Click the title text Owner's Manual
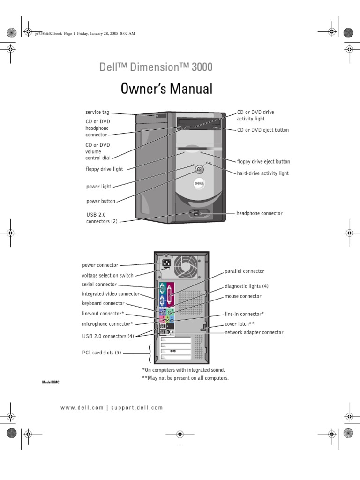click(166, 89)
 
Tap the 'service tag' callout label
click(97, 112)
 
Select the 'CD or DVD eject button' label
click(262, 130)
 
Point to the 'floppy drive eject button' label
click(263, 162)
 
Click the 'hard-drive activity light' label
click(263, 173)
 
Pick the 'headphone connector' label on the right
click(259, 213)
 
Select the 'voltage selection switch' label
click(107, 276)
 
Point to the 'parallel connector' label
click(244, 271)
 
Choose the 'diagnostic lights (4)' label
click(247, 286)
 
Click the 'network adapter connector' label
click(254, 332)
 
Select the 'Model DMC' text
click(51, 382)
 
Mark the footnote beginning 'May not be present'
click(185, 378)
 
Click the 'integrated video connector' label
click(111, 294)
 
